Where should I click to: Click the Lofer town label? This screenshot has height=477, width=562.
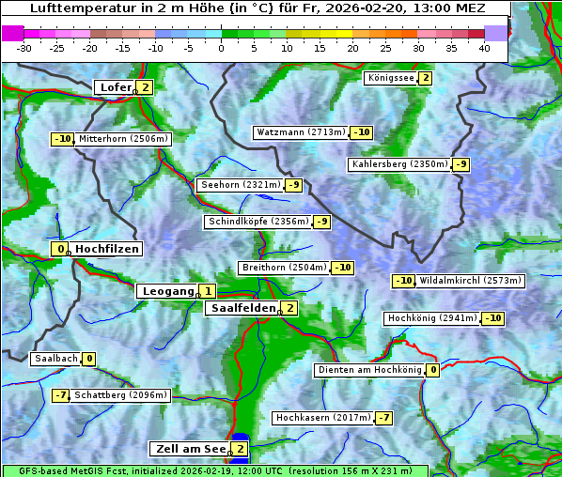pyautogui.click(x=115, y=87)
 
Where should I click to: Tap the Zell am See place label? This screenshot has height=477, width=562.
pyautogui.click(x=191, y=449)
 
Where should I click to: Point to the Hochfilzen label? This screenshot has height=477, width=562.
pyautogui.click(x=107, y=249)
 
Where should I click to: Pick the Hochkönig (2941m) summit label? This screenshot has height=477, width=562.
pyautogui.click(x=432, y=318)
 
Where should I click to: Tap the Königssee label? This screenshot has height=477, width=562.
pyautogui.click(x=391, y=78)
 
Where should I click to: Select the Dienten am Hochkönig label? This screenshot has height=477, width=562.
pyautogui.click(x=368, y=370)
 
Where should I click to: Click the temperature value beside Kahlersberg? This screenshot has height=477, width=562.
pyautogui.click(x=461, y=164)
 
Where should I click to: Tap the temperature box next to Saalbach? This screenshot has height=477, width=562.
pyautogui.click(x=89, y=359)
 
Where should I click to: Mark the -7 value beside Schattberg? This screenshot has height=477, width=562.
pyautogui.click(x=60, y=395)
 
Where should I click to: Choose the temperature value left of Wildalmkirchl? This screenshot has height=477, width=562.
pyautogui.click(x=403, y=281)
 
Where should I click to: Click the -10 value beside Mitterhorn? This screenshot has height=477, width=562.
pyautogui.click(x=62, y=139)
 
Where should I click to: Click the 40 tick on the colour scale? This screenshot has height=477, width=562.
pyautogui.click(x=484, y=48)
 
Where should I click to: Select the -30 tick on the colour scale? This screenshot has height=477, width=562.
pyautogui.click(x=24, y=48)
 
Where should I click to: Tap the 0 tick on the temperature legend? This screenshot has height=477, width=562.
pyautogui.click(x=221, y=48)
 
